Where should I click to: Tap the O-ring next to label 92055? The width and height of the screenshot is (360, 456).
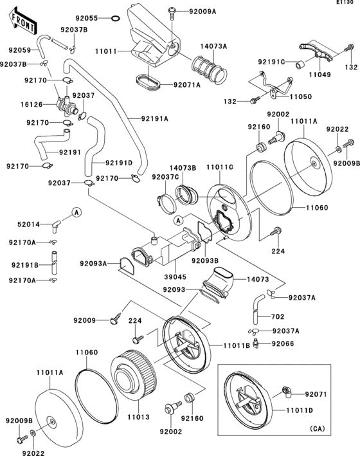114,19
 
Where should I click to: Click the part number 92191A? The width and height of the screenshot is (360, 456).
154,118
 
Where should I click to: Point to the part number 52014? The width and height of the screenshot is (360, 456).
28,224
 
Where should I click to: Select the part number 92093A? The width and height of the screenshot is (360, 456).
94,262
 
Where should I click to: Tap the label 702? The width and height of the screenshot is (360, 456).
277,318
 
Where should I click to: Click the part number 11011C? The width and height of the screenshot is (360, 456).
220,167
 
